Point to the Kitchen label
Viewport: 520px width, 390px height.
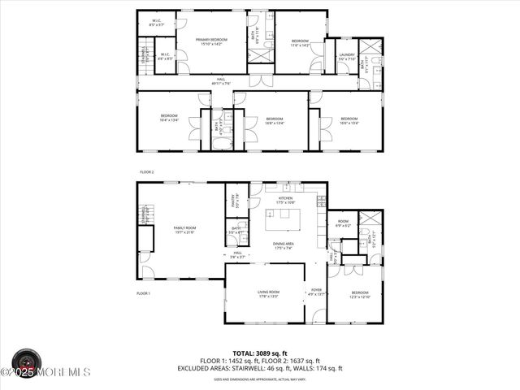286,199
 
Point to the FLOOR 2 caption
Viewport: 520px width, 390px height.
146,172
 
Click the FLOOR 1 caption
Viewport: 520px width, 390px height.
143,292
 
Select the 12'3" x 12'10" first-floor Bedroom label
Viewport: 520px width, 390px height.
361,294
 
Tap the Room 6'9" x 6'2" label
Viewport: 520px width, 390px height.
343,223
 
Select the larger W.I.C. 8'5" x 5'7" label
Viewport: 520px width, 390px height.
156,24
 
